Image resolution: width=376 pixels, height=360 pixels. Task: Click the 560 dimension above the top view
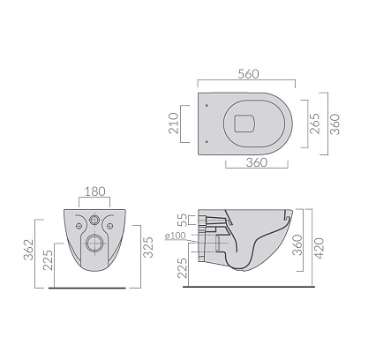pyautogui.click(x=248, y=74)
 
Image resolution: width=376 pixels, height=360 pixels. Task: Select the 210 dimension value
pyautogui.click(x=174, y=124)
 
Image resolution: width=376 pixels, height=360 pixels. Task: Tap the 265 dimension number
pyautogui.click(x=315, y=124)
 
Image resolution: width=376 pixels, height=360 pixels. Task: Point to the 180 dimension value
pyautogui.click(x=95, y=191)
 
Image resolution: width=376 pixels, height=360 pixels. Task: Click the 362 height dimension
pyautogui.click(x=29, y=250)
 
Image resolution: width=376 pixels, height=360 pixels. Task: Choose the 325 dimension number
pyautogui.click(x=148, y=247)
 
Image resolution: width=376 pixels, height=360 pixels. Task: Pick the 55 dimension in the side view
pyautogui.click(x=183, y=220)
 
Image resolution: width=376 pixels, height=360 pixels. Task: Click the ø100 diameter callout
pyautogui.click(x=176, y=236)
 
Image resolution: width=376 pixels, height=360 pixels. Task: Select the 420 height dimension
pyautogui.click(x=320, y=248)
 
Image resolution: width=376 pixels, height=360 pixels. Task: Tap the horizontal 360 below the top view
pyautogui.click(x=257, y=162)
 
